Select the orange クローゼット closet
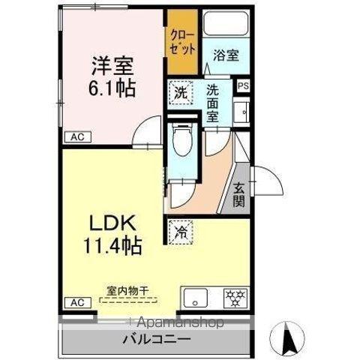[182, 42]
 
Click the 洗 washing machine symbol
[181, 94]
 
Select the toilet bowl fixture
[180, 141]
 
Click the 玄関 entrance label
[239, 193]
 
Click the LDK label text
[112, 224]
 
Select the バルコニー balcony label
[157, 339]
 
